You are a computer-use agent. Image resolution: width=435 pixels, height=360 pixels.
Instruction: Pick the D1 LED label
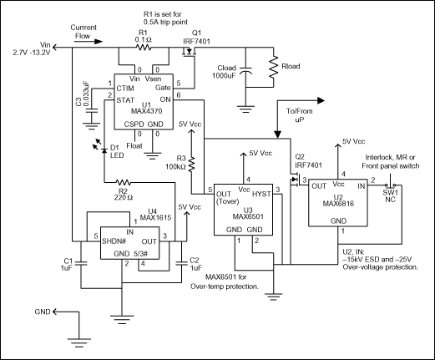[x=109, y=151]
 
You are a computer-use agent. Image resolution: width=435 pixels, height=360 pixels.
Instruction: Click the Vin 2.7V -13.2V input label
[x=24, y=51]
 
